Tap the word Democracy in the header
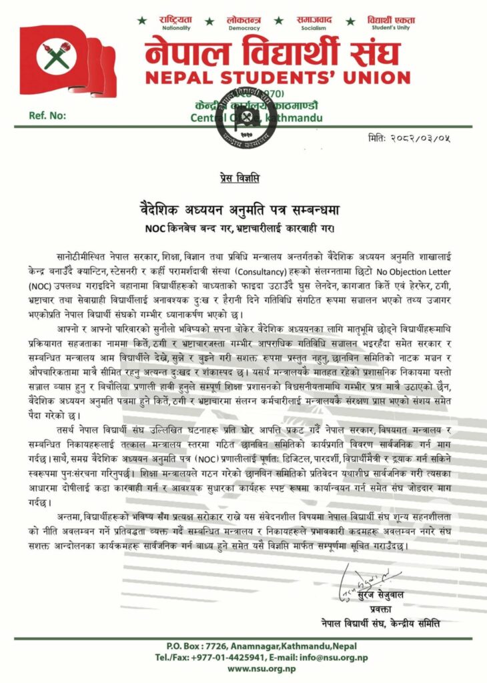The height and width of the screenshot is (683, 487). [x=244, y=30]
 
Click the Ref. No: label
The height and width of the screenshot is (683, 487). [x=48, y=115]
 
